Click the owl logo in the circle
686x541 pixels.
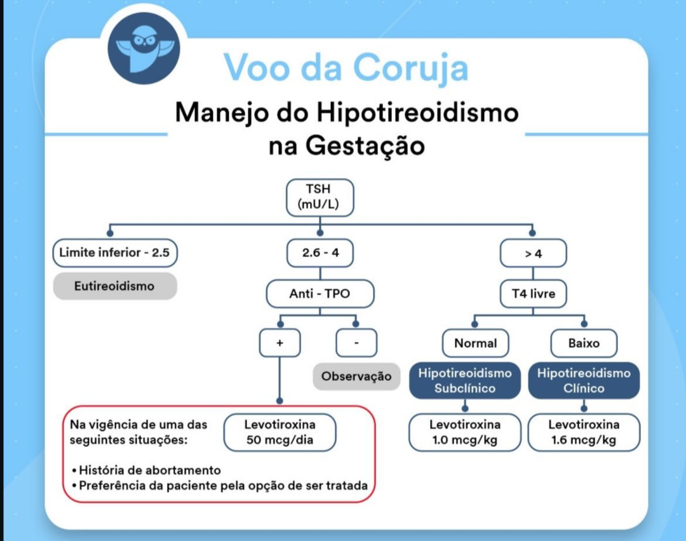tap(144, 48)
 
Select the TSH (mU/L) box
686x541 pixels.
tap(319, 197)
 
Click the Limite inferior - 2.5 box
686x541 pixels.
tap(114, 253)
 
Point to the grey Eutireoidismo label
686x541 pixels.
tap(114, 286)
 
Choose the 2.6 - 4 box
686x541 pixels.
tap(319, 253)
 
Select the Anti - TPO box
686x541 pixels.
tap(319, 294)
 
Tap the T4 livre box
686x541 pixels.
tap(533, 294)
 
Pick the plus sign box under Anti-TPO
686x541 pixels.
tap(279, 343)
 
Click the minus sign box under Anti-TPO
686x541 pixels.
tap(356, 343)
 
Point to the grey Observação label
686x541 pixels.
tap(356, 376)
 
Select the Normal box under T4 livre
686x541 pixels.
tap(475, 343)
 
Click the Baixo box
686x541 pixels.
tap(584, 343)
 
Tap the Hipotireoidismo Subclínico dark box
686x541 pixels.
tap(465, 380)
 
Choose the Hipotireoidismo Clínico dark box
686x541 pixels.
tap(584, 380)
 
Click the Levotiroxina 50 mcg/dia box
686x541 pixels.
tap(279, 432)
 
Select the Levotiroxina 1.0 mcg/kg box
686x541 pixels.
tap(465, 432)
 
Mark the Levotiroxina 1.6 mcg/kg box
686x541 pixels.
tap(584, 432)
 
